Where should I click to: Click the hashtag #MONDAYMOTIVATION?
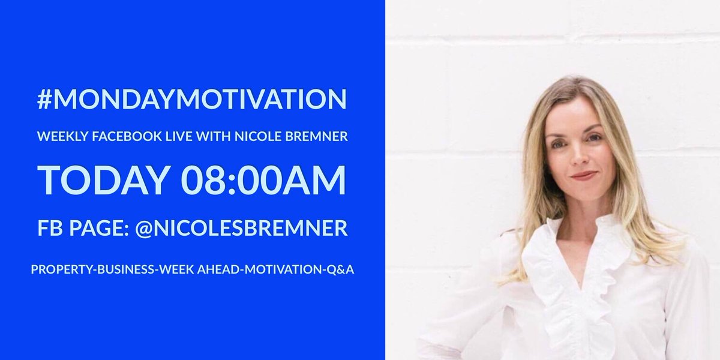[192, 100]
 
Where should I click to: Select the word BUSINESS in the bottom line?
[127, 269]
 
